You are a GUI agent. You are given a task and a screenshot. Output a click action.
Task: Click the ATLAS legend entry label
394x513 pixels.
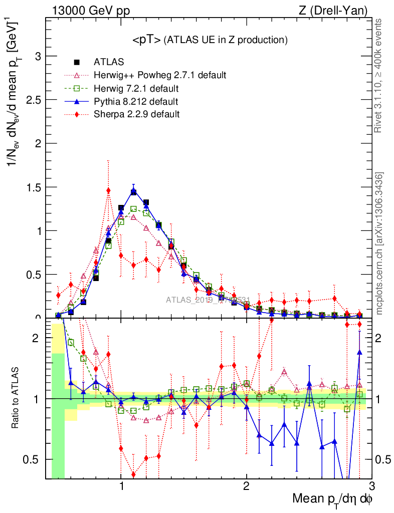coord(109,62)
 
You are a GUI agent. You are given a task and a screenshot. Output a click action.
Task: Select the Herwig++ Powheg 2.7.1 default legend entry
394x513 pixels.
coord(160,75)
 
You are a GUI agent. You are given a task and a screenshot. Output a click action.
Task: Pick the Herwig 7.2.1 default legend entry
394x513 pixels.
coord(136,89)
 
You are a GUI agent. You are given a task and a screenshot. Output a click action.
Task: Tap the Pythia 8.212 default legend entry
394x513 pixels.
coord(136,102)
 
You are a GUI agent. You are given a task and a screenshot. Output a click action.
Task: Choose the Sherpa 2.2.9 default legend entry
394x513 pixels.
coord(136,114)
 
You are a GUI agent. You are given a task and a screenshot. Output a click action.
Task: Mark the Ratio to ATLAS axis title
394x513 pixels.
coord(16,398)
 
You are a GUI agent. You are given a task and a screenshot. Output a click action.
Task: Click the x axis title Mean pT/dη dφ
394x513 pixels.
coord(332,499)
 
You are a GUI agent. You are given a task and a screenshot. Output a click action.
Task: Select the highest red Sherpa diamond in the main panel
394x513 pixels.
coord(108,190)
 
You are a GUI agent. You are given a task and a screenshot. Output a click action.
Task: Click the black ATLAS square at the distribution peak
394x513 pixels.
coord(133,192)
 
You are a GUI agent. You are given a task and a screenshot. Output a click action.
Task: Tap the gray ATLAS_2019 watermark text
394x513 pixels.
coord(208,300)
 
